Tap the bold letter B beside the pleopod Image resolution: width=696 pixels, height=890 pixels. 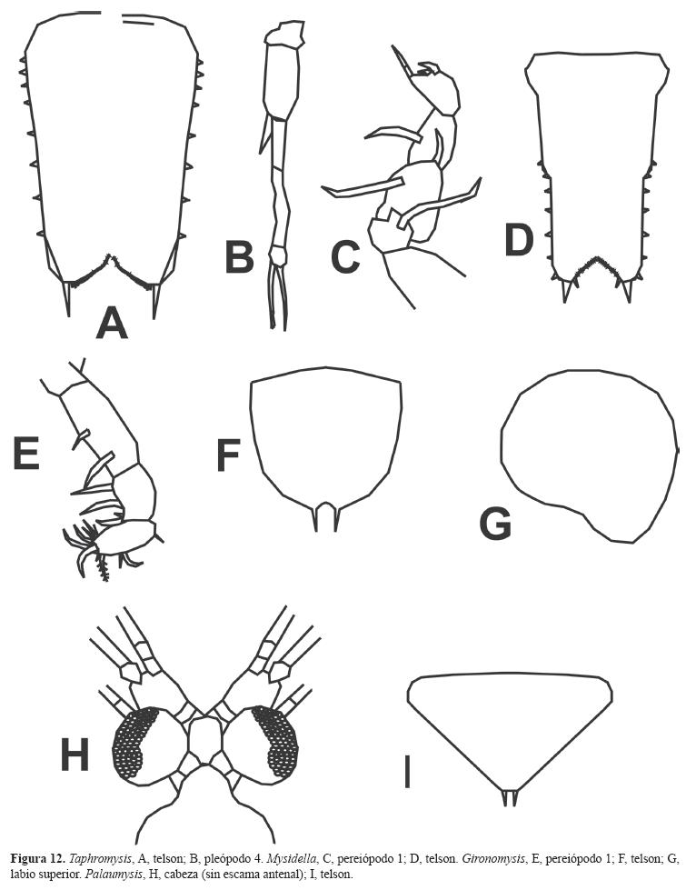pos(239,256)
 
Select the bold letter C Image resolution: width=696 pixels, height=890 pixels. pos(344,256)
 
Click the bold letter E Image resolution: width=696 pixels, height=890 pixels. pos(26,454)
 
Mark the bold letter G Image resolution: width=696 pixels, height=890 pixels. pos(496,525)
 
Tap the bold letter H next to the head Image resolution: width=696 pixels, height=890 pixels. pos(75,755)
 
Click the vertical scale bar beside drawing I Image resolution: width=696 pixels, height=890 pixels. pos(407,773)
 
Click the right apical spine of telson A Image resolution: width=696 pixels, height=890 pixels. pos(156,300)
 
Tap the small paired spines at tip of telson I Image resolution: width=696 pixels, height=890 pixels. pos(510,797)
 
